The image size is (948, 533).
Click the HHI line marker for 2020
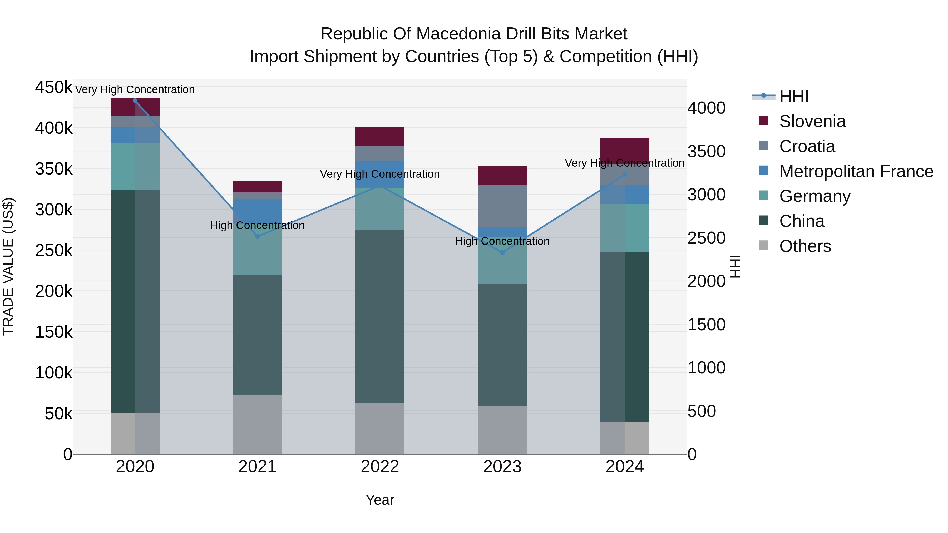135,101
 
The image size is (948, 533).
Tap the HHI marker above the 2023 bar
502,253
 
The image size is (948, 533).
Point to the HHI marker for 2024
625,175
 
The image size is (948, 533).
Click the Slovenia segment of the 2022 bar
380,136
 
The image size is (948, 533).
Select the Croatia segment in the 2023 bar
502,206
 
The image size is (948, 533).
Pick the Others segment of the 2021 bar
258,425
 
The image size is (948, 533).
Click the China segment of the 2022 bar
380,316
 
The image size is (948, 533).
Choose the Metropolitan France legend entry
856,171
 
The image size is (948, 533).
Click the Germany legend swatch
764,195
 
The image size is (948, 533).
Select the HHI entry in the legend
793,96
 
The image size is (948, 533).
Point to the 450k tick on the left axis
54,88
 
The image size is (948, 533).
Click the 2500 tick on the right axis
706,238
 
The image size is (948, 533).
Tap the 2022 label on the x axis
380,467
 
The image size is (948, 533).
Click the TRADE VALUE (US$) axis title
8,266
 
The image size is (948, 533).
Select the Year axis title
380,500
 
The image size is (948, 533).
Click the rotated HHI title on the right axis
735,266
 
